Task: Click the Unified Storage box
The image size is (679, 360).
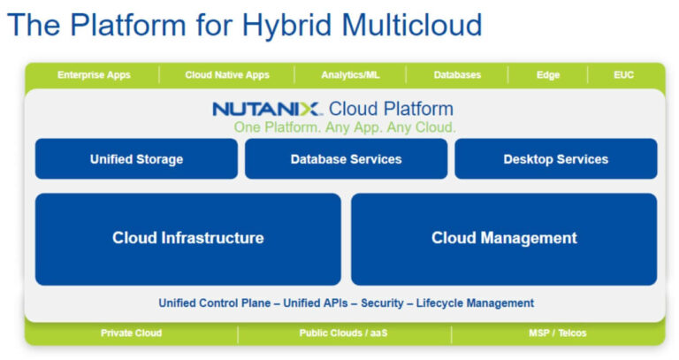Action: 136,159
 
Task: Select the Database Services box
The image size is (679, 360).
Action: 346,159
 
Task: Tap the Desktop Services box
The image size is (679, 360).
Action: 555,159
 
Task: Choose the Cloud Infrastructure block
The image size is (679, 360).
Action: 187,238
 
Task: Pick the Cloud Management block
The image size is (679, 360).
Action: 504,238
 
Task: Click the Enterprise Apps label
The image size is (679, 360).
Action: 94,75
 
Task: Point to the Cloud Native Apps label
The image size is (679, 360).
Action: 227,75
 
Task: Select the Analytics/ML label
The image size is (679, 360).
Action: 349,75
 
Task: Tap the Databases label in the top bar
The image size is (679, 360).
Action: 457,75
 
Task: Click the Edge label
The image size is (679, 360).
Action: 548,75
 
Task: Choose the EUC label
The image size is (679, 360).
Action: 623,75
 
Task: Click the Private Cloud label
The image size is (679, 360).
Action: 131,333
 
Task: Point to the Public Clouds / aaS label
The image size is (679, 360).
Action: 344,333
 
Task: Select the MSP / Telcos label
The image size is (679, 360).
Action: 557,333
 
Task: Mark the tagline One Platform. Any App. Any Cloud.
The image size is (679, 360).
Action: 345,127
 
